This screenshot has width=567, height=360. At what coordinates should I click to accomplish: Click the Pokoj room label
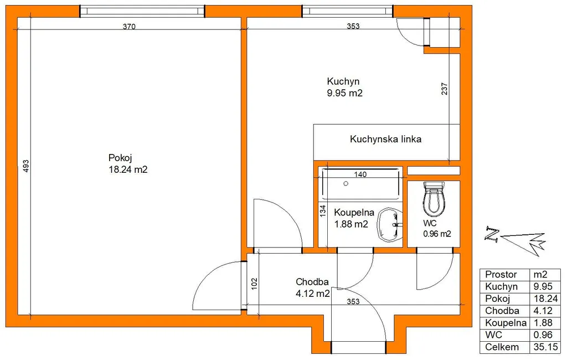[x=128, y=163]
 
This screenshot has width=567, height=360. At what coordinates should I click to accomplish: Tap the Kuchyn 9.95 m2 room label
[x=344, y=87]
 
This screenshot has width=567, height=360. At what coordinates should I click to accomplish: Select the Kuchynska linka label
[x=385, y=140]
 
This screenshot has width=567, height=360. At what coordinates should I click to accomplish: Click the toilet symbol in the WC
[x=434, y=198]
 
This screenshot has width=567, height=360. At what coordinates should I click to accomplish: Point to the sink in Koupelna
[x=390, y=225]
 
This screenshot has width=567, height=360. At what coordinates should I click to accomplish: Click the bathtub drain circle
[x=346, y=184]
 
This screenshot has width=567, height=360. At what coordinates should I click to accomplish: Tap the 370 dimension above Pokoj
[x=129, y=27]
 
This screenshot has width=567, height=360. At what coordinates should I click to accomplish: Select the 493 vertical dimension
[x=25, y=166]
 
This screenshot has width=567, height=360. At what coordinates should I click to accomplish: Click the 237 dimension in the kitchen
[x=445, y=89]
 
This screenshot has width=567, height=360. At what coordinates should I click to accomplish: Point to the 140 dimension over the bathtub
[x=360, y=174]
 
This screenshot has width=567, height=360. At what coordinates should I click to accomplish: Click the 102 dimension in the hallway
[x=254, y=284]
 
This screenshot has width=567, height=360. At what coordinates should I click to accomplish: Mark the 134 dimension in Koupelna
[x=323, y=211]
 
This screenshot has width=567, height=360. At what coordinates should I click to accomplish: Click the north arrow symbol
[x=516, y=239]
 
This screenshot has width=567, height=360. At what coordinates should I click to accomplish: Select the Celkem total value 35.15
[x=545, y=347]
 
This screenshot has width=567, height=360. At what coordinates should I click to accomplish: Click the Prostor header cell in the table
[x=501, y=275]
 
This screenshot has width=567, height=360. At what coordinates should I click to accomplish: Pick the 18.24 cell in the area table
[x=545, y=299]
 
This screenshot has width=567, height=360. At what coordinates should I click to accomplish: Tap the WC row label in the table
[x=493, y=335]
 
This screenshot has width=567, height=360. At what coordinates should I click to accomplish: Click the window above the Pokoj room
[x=142, y=11]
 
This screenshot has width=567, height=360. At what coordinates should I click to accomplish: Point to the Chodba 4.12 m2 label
[x=312, y=287]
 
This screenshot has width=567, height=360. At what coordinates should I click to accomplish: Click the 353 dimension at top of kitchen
[x=353, y=26]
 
